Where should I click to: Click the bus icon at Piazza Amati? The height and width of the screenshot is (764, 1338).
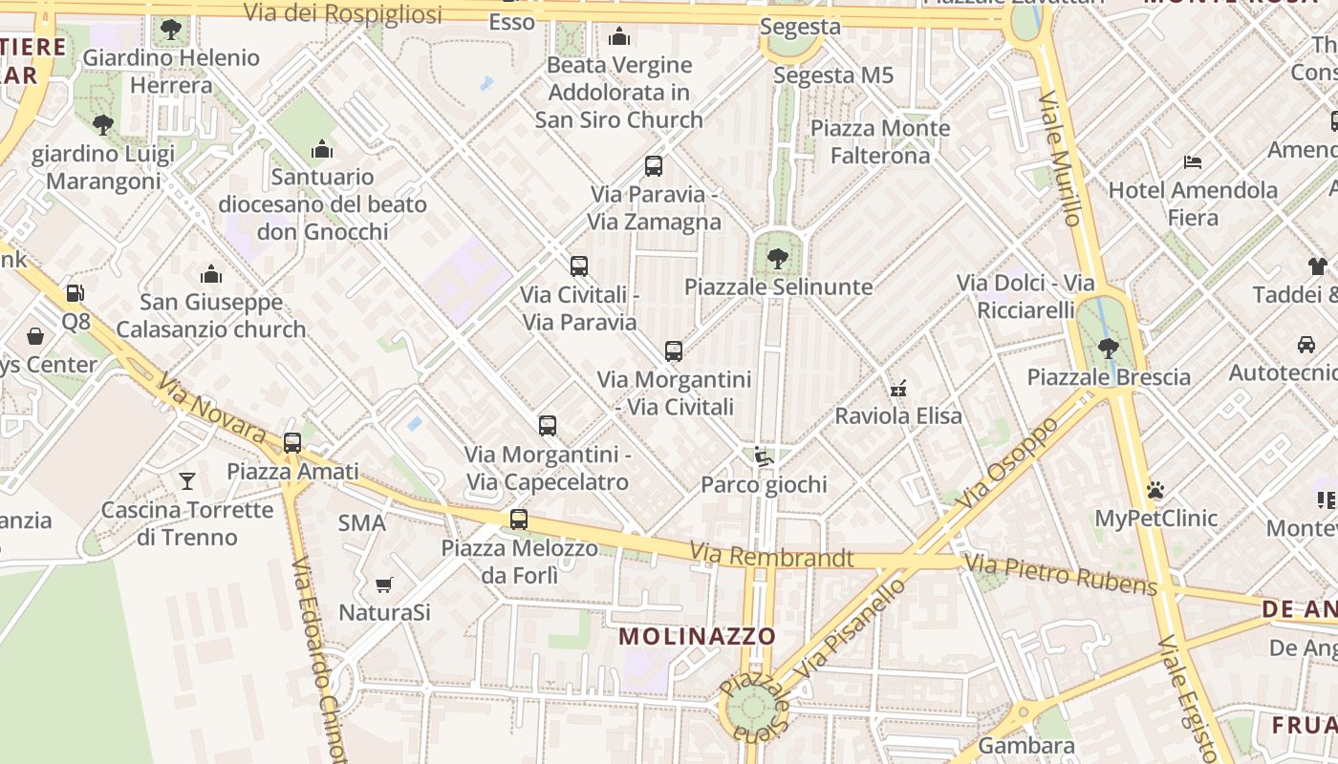pyautogui.click(x=292, y=443)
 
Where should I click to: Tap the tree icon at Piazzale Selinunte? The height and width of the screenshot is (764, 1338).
pyautogui.click(x=778, y=258)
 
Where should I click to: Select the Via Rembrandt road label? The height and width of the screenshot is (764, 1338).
pyautogui.click(x=771, y=555)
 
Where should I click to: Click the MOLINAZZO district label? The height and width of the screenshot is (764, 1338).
pyautogui.click(x=697, y=636)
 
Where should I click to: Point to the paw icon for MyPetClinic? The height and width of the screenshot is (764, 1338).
pyautogui.click(x=1155, y=490)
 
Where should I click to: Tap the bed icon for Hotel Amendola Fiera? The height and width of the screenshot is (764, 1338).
pyautogui.click(x=1192, y=161)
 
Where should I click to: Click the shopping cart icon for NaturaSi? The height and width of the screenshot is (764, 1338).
pyautogui.click(x=384, y=584)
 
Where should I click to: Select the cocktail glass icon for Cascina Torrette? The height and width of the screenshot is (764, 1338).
pyautogui.click(x=187, y=480)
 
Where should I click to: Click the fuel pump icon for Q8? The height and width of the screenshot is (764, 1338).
pyautogui.click(x=75, y=293)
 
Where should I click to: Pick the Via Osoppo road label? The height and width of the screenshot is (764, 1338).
pyautogui.click(x=1007, y=462)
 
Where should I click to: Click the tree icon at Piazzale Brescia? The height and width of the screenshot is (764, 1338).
pyautogui.click(x=1108, y=348)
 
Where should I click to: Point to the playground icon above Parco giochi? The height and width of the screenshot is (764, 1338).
pyautogui.click(x=764, y=456)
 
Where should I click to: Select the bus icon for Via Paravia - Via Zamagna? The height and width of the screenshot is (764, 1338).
pyautogui.click(x=654, y=166)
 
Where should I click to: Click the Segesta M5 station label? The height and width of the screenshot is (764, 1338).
pyautogui.click(x=833, y=74)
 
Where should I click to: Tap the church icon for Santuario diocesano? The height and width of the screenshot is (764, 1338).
pyautogui.click(x=322, y=149)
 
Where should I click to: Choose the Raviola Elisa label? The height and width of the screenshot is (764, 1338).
pyautogui.click(x=898, y=416)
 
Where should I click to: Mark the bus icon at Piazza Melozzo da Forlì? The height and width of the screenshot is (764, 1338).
pyautogui.click(x=518, y=520)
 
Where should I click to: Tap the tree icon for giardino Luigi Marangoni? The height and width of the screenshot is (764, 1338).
pyautogui.click(x=103, y=124)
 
